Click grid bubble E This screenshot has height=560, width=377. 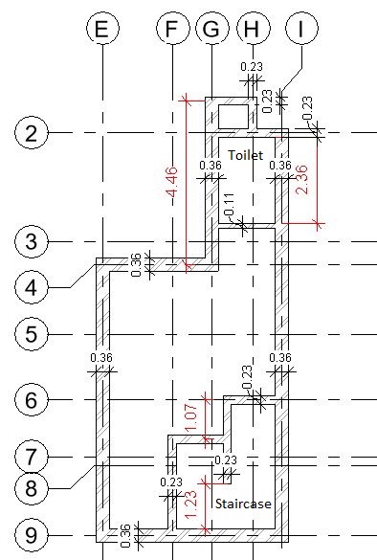[101, 30]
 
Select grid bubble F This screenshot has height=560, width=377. [171, 30]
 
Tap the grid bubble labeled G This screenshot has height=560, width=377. [211, 30]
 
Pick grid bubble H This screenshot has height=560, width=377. [251, 30]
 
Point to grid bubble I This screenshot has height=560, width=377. [302, 30]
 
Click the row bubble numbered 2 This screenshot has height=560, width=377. [32, 133]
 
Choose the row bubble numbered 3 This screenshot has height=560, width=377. [32, 241]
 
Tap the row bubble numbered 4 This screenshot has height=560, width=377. [32, 286]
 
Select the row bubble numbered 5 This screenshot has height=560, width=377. [32, 334]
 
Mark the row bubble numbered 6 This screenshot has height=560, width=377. [32, 399]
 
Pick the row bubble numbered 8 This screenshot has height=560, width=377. [32, 487]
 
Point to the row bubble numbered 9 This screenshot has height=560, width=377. [32, 533]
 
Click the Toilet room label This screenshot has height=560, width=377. [248, 153]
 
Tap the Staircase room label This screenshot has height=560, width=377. [240, 503]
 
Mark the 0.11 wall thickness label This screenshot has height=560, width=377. [228, 204]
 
